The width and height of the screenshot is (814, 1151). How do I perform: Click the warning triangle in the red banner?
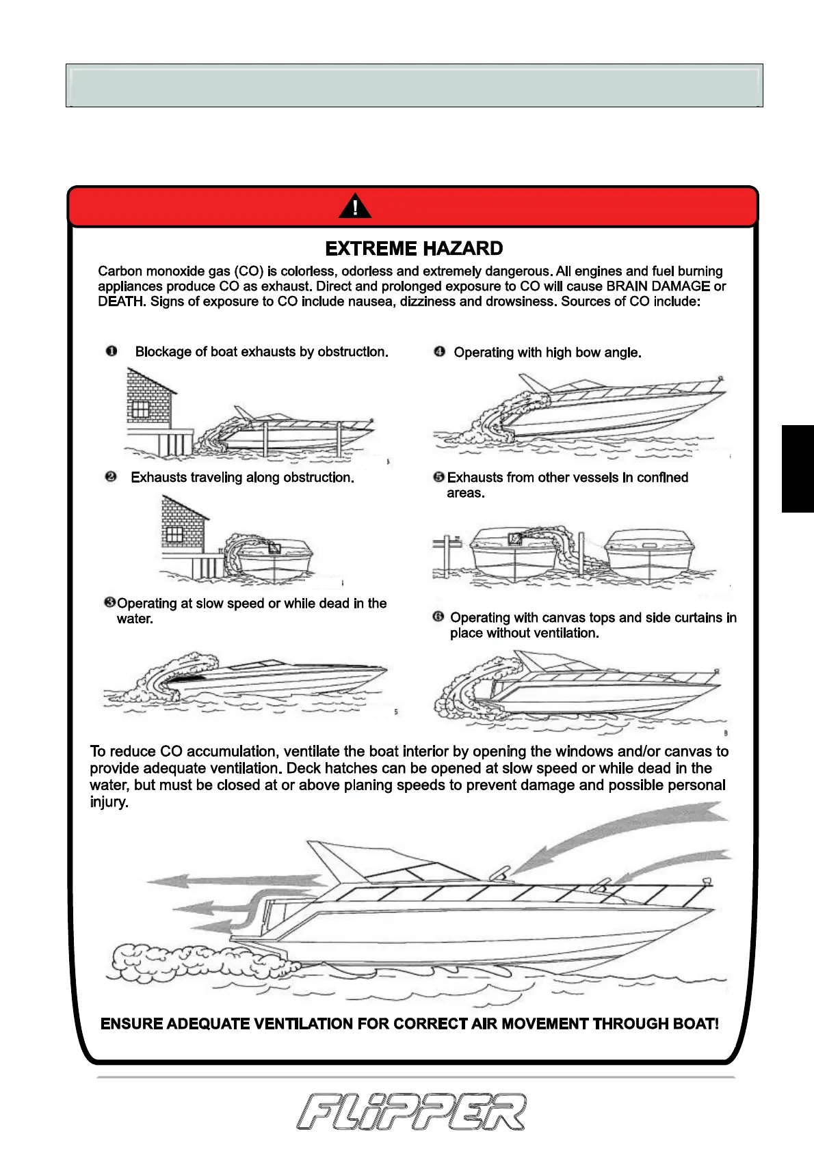[x=355, y=206]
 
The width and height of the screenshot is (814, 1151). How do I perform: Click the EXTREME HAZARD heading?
[x=414, y=248]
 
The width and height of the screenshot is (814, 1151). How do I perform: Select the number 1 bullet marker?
[x=111, y=351]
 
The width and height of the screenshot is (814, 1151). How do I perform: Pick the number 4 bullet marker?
[x=439, y=352]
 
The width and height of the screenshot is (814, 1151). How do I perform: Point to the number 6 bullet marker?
[x=438, y=617]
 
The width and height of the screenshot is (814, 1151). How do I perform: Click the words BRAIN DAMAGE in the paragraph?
[x=658, y=286]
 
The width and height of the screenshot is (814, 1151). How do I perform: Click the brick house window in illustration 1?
[x=140, y=409]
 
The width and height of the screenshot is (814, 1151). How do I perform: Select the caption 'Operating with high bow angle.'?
[x=547, y=353]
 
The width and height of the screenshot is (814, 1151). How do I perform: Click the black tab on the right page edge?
[x=798, y=468]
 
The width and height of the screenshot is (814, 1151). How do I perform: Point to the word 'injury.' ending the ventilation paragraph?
[x=109, y=802]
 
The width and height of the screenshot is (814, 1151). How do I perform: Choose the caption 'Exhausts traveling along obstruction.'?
[x=242, y=477]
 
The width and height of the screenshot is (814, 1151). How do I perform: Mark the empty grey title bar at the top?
[x=414, y=85]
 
